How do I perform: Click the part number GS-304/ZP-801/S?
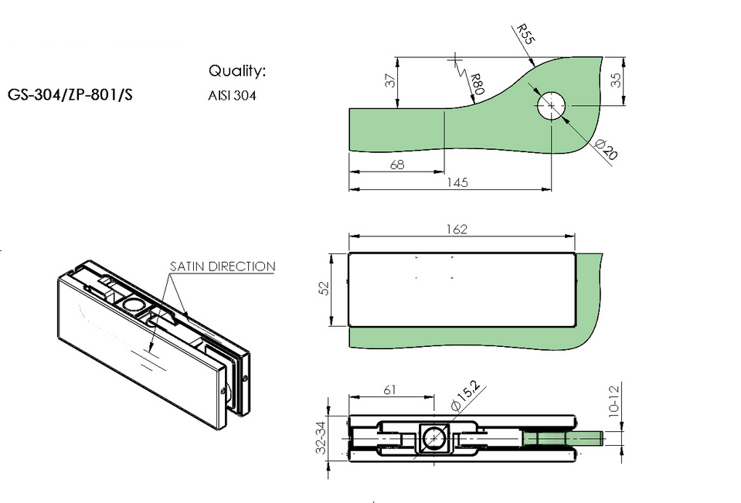(x=70, y=94)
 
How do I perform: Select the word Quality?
(x=237, y=71)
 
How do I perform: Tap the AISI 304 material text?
(x=232, y=96)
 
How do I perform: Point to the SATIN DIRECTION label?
(x=223, y=266)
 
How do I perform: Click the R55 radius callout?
(x=525, y=34)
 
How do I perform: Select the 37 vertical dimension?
(x=390, y=80)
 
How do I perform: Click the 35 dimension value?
(x=616, y=80)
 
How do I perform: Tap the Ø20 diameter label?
(x=606, y=149)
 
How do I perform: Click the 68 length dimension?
(x=397, y=165)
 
